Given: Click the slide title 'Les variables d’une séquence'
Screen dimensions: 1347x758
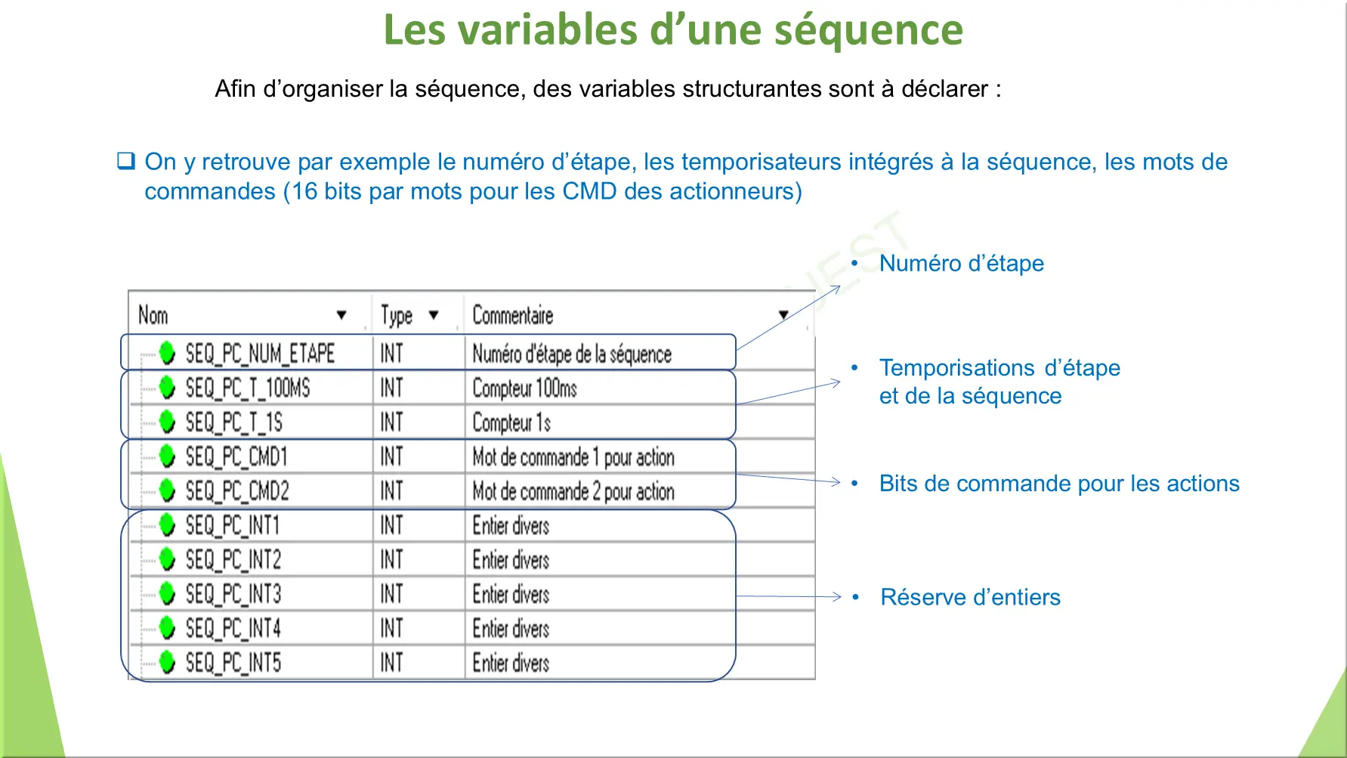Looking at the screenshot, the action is [673, 29].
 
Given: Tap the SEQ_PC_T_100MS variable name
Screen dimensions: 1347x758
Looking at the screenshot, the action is [248, 388].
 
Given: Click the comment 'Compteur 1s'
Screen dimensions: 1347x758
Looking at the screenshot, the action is [511, 422].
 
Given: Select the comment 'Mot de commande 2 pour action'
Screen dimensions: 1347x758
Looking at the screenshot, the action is [573, 491].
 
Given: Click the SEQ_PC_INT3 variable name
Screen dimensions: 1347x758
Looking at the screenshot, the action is [233, 594].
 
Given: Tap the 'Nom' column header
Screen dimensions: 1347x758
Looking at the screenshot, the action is [153, 315].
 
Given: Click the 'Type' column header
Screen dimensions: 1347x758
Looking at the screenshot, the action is [397, 315].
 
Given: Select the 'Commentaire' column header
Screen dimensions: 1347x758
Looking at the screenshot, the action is [513, 315].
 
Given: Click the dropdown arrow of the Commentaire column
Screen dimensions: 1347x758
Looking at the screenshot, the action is [783, 315].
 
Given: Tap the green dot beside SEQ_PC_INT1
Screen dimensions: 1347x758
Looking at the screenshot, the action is [168, 524].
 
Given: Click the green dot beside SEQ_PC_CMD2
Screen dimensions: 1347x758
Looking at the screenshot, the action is [168, 490].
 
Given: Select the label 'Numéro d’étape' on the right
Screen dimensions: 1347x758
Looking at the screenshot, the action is [962, 263].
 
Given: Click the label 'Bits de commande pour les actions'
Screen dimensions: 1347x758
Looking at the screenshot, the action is [1059, 484].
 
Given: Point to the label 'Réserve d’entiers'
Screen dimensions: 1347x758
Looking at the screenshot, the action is [971, 597].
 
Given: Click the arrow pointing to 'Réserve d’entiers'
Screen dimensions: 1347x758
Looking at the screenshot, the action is [789, 596].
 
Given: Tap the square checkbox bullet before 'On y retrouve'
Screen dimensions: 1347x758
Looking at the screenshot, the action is [126, 160].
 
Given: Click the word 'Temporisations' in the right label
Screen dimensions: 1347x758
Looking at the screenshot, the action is [957, 368].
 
